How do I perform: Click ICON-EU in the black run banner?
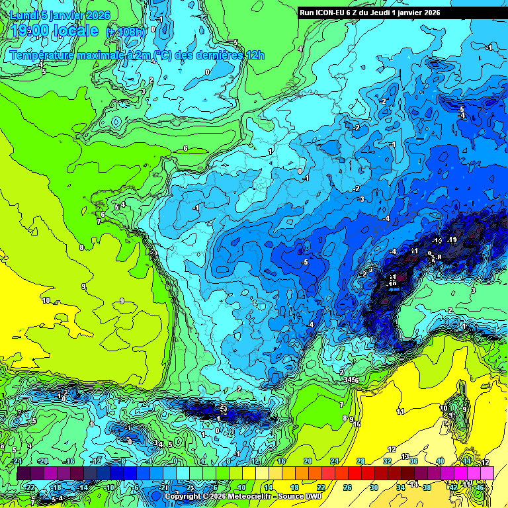click(333, 13)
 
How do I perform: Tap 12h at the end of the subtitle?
click(255, 55)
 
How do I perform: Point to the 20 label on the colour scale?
click(307, 461)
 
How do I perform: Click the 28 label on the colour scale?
click(360, 461)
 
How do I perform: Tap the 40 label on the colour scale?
click(440, 461)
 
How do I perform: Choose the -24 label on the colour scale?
click(17, 461)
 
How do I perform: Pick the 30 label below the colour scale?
click(374, 487)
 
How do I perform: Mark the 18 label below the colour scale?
click(294, 487)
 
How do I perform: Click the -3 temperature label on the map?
click(360, 198)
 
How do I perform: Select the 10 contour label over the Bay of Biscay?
click(46, 300)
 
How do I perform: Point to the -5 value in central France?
click(304, 263)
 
